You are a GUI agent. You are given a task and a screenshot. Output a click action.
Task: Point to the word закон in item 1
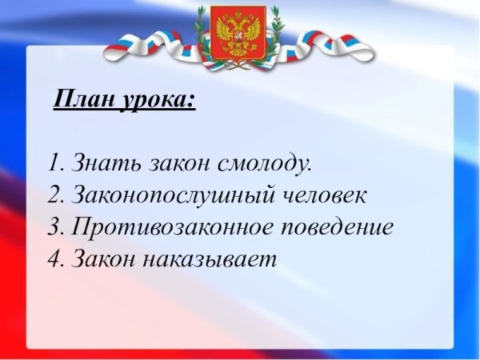(179, 165)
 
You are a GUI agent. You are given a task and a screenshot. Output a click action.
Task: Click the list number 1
(54, 164)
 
